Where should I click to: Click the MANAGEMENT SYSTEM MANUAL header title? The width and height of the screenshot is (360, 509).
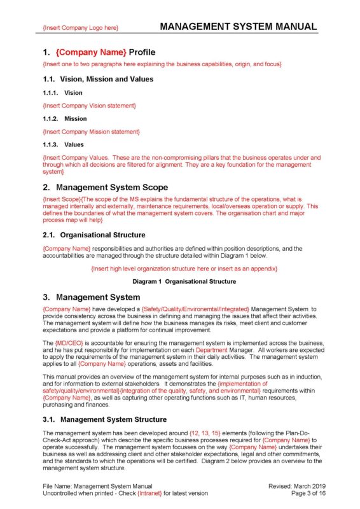[x=238, y=27]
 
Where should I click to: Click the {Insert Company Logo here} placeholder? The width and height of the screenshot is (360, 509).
[x=80, y=28]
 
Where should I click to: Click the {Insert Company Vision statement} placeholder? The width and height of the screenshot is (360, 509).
[x=89, y=106]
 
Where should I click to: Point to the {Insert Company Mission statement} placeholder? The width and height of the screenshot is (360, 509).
[x=91, y=132]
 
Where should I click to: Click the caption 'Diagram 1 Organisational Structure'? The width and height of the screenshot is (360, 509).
[x=184, y=281]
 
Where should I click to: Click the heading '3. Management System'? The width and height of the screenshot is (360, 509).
[x=91, y=297]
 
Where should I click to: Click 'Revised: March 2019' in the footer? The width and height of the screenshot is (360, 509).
[x=293, y=486]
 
